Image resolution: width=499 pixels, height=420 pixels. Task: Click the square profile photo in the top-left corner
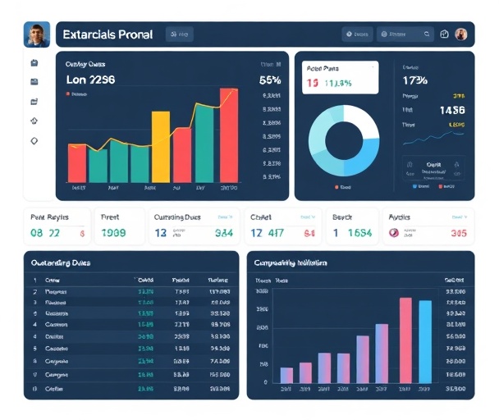(x=36, y=34)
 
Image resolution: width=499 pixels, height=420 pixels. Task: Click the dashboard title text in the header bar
(x=107, y=35)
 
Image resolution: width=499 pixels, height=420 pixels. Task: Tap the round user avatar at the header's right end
(x=461, y=34)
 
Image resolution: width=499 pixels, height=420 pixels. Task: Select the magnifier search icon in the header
(x=427, y=34)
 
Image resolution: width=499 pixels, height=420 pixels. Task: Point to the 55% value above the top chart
(x=270, y=80)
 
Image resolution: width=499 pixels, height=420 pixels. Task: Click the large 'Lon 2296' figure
(x=90, y=80)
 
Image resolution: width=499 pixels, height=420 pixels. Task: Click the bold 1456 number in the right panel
(x=451, y=110)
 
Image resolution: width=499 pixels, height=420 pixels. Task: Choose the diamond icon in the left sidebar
(x=34, y=141)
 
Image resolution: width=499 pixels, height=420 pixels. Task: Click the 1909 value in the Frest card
(x=114, y=233)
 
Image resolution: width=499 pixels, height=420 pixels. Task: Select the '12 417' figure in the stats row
(x=267, y=233)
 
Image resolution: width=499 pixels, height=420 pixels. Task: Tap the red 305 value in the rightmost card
(x=457, y=233)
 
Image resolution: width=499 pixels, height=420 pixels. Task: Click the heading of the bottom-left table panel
(x=60, y=263)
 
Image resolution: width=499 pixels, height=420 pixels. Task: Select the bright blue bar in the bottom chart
(x=425, y=342)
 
